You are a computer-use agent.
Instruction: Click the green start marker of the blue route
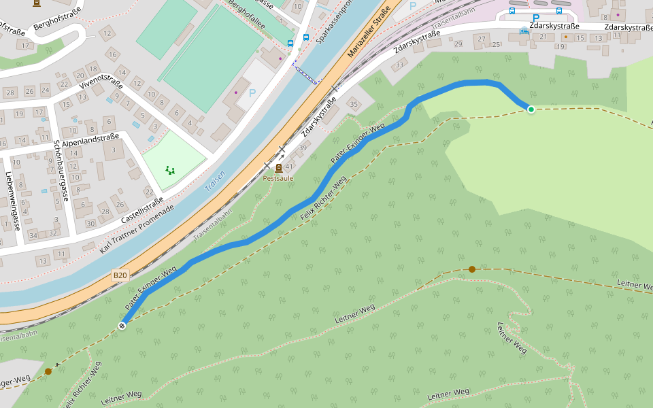coord(531,109)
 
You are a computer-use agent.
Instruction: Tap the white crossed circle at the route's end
coord(122,325)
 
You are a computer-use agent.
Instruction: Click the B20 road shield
coord(120,275)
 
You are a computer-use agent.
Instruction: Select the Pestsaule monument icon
coord(278,167)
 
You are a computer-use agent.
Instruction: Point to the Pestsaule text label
coord(278,178)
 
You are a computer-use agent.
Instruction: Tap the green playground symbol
coord(170,170)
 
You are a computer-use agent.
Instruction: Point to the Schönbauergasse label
coord(60,171)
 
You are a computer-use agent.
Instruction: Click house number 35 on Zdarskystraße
coord(353,104)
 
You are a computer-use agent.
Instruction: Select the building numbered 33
coord(399,65)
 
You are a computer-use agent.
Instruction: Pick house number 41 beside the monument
coord(289,167)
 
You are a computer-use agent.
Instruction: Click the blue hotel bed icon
coord(524,31)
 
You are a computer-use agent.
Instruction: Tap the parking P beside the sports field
coord(253,92)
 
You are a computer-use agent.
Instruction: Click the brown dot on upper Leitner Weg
coord(472,269)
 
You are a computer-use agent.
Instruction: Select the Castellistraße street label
coord(142,211)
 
